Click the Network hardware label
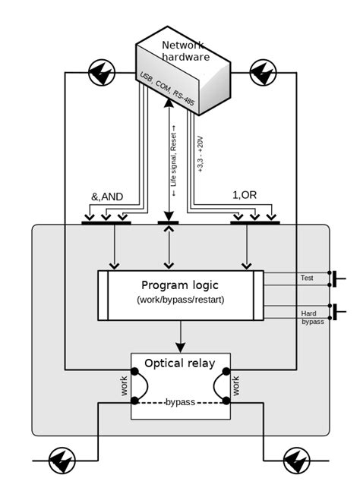(183, 52)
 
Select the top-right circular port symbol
(263, 73)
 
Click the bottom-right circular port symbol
(296, 460)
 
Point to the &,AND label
(107, 196)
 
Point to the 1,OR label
(245, 195)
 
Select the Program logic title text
(179, 285)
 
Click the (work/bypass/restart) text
(180, 300)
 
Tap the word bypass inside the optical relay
(180, 401)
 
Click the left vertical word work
(125, 386)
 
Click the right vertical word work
(236, 386)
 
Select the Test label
(306, 278)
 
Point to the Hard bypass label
(311, 316)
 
